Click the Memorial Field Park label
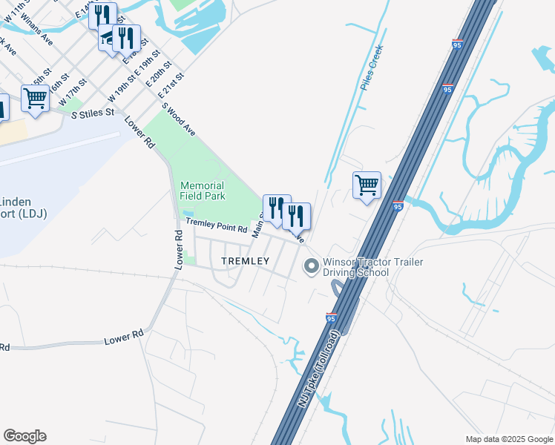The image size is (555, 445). point(201,191)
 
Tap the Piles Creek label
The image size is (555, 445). point(371,67)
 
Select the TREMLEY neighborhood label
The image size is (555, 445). point(245,262)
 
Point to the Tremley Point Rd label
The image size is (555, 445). point(216,222)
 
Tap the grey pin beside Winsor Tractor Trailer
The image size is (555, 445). point(311,265)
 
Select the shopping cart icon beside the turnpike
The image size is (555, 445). point(367,185)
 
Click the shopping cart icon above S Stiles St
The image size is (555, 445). point(36,99)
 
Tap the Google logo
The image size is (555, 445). point(24,436)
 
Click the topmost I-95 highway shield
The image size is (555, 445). point(457,44)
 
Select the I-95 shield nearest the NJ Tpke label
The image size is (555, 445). point(331,317)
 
